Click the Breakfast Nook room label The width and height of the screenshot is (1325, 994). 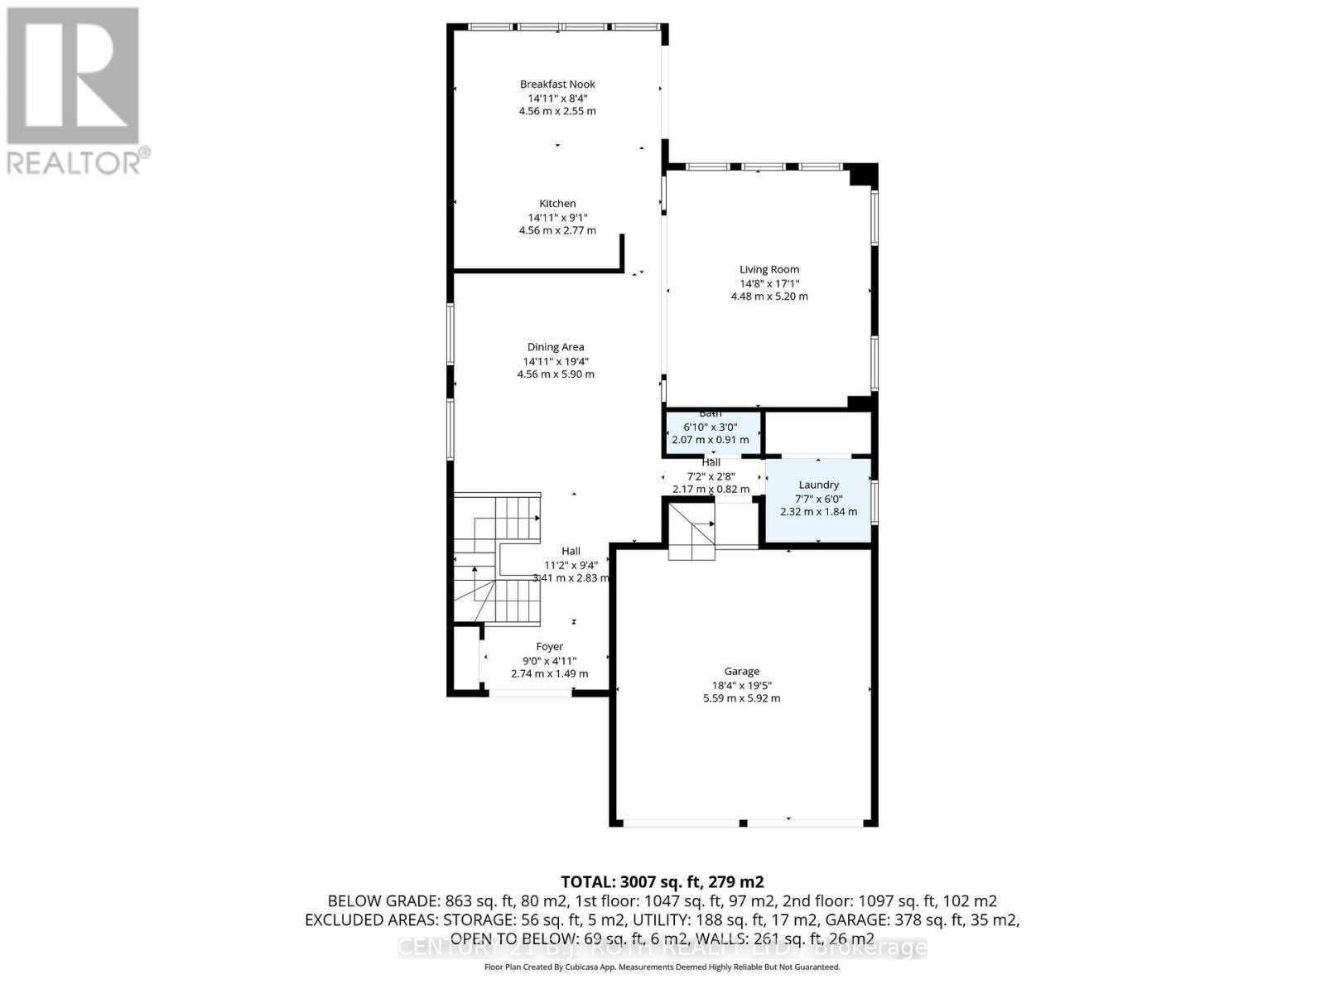(x=557, y=84)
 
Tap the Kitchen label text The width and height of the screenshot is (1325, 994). (x=557, y=203)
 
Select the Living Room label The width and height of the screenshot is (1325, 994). (x=769, y=269)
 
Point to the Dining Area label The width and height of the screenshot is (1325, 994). (x=556, y=347)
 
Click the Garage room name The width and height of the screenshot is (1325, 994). (x=741, y=671)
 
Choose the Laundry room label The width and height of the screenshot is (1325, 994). (x=818, y=485)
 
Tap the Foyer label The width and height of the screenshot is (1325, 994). (x=549, y=646)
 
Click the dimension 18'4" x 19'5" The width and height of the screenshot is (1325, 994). (x=741, y=685)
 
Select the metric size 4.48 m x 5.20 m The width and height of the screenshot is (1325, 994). (x=769, y=296)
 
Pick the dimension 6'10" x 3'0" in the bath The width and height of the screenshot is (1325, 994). (x=710, y=427)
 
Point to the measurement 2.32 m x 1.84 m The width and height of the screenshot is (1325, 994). (x=818, y=511)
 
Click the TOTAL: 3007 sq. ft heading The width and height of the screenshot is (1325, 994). (x=662, y=881)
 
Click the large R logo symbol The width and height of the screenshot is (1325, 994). (x=73, y=75)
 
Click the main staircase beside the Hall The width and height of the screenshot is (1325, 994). (x=497, y=559)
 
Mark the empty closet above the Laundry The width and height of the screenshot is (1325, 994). (x=817, y=432)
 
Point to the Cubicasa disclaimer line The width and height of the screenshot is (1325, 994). (x=662, y=967)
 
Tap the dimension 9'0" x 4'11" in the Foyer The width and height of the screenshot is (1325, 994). (x=549, y=660)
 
